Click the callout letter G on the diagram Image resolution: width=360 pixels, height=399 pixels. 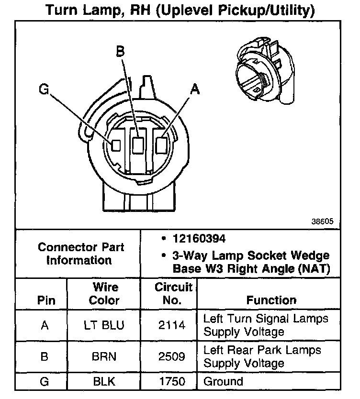pos(44,90)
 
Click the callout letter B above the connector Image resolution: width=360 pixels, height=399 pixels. pos(121,52)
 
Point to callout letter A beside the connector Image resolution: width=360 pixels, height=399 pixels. pos(194,89)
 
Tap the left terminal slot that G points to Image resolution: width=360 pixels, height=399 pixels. pos(116,145)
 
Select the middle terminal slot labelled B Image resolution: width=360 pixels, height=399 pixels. pos(138,145)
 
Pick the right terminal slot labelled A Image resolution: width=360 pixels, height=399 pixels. pos(162,144)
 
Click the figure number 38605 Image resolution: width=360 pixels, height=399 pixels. pos(323,222)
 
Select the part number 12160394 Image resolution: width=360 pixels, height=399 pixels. pos(199,238)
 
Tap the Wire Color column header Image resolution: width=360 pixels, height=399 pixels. pos(105,294)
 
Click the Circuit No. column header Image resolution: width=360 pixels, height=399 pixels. pos(173,294)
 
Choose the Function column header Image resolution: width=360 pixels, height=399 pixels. pos(271,300)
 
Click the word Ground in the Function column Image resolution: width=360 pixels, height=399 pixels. pos(223,382)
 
